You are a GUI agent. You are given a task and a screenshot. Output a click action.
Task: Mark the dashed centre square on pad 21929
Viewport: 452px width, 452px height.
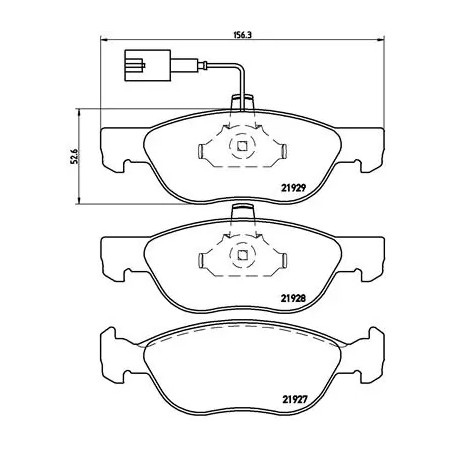pyautogui.click(x=241, y=149)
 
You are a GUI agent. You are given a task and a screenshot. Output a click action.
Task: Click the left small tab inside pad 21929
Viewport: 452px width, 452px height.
pyautogui.click(x=201, y=152)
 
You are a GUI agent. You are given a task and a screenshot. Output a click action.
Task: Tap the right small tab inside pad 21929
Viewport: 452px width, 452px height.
pyautogui.click(x=283, y=152)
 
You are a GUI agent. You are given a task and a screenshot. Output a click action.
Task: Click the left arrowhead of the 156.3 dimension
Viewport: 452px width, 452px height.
pyautogui.click(x=105, y=41)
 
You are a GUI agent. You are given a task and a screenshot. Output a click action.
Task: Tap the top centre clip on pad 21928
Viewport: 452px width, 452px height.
pyautogui.click(x=241, y=212)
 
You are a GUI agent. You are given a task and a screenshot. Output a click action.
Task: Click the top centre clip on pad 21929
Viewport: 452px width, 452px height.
pyautogui.click(x=241, y=102)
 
